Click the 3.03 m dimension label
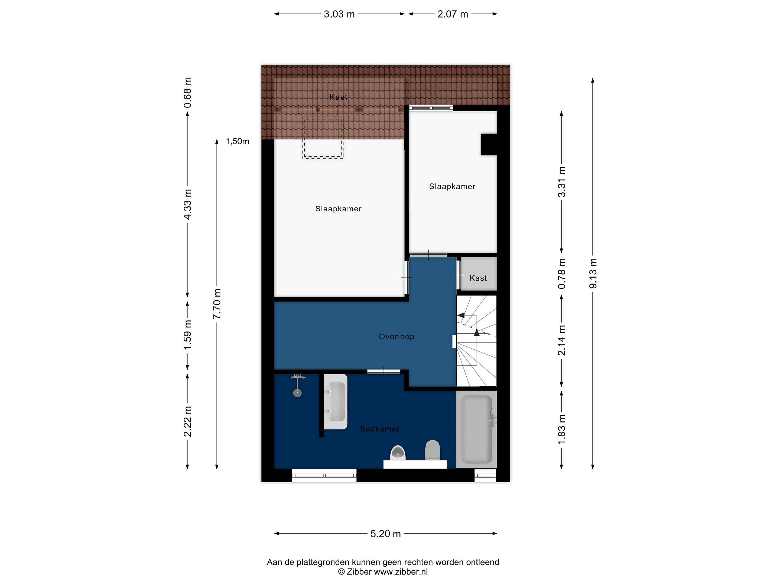(x=339, y=14)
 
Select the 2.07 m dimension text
(x=453, y=14)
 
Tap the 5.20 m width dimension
(x=385, y=534)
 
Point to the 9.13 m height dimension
(x=593, y=273)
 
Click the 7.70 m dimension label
(x=217, y=304)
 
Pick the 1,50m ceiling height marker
(x=237, y=141)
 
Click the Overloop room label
(x=396, y=337)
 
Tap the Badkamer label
(x=380, y=429)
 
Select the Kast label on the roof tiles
(x=339, y=97)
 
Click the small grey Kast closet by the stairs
(x=478, y=274)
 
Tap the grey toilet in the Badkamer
(x=433, y=450)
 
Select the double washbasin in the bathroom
(x=336, y=402)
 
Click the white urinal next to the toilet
(x=398, y=453)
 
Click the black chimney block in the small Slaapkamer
(x=489, y=144)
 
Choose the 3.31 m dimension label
(x=562, y=182)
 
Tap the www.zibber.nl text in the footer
(x=401, y=572)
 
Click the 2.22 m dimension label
(x=188, y=421)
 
